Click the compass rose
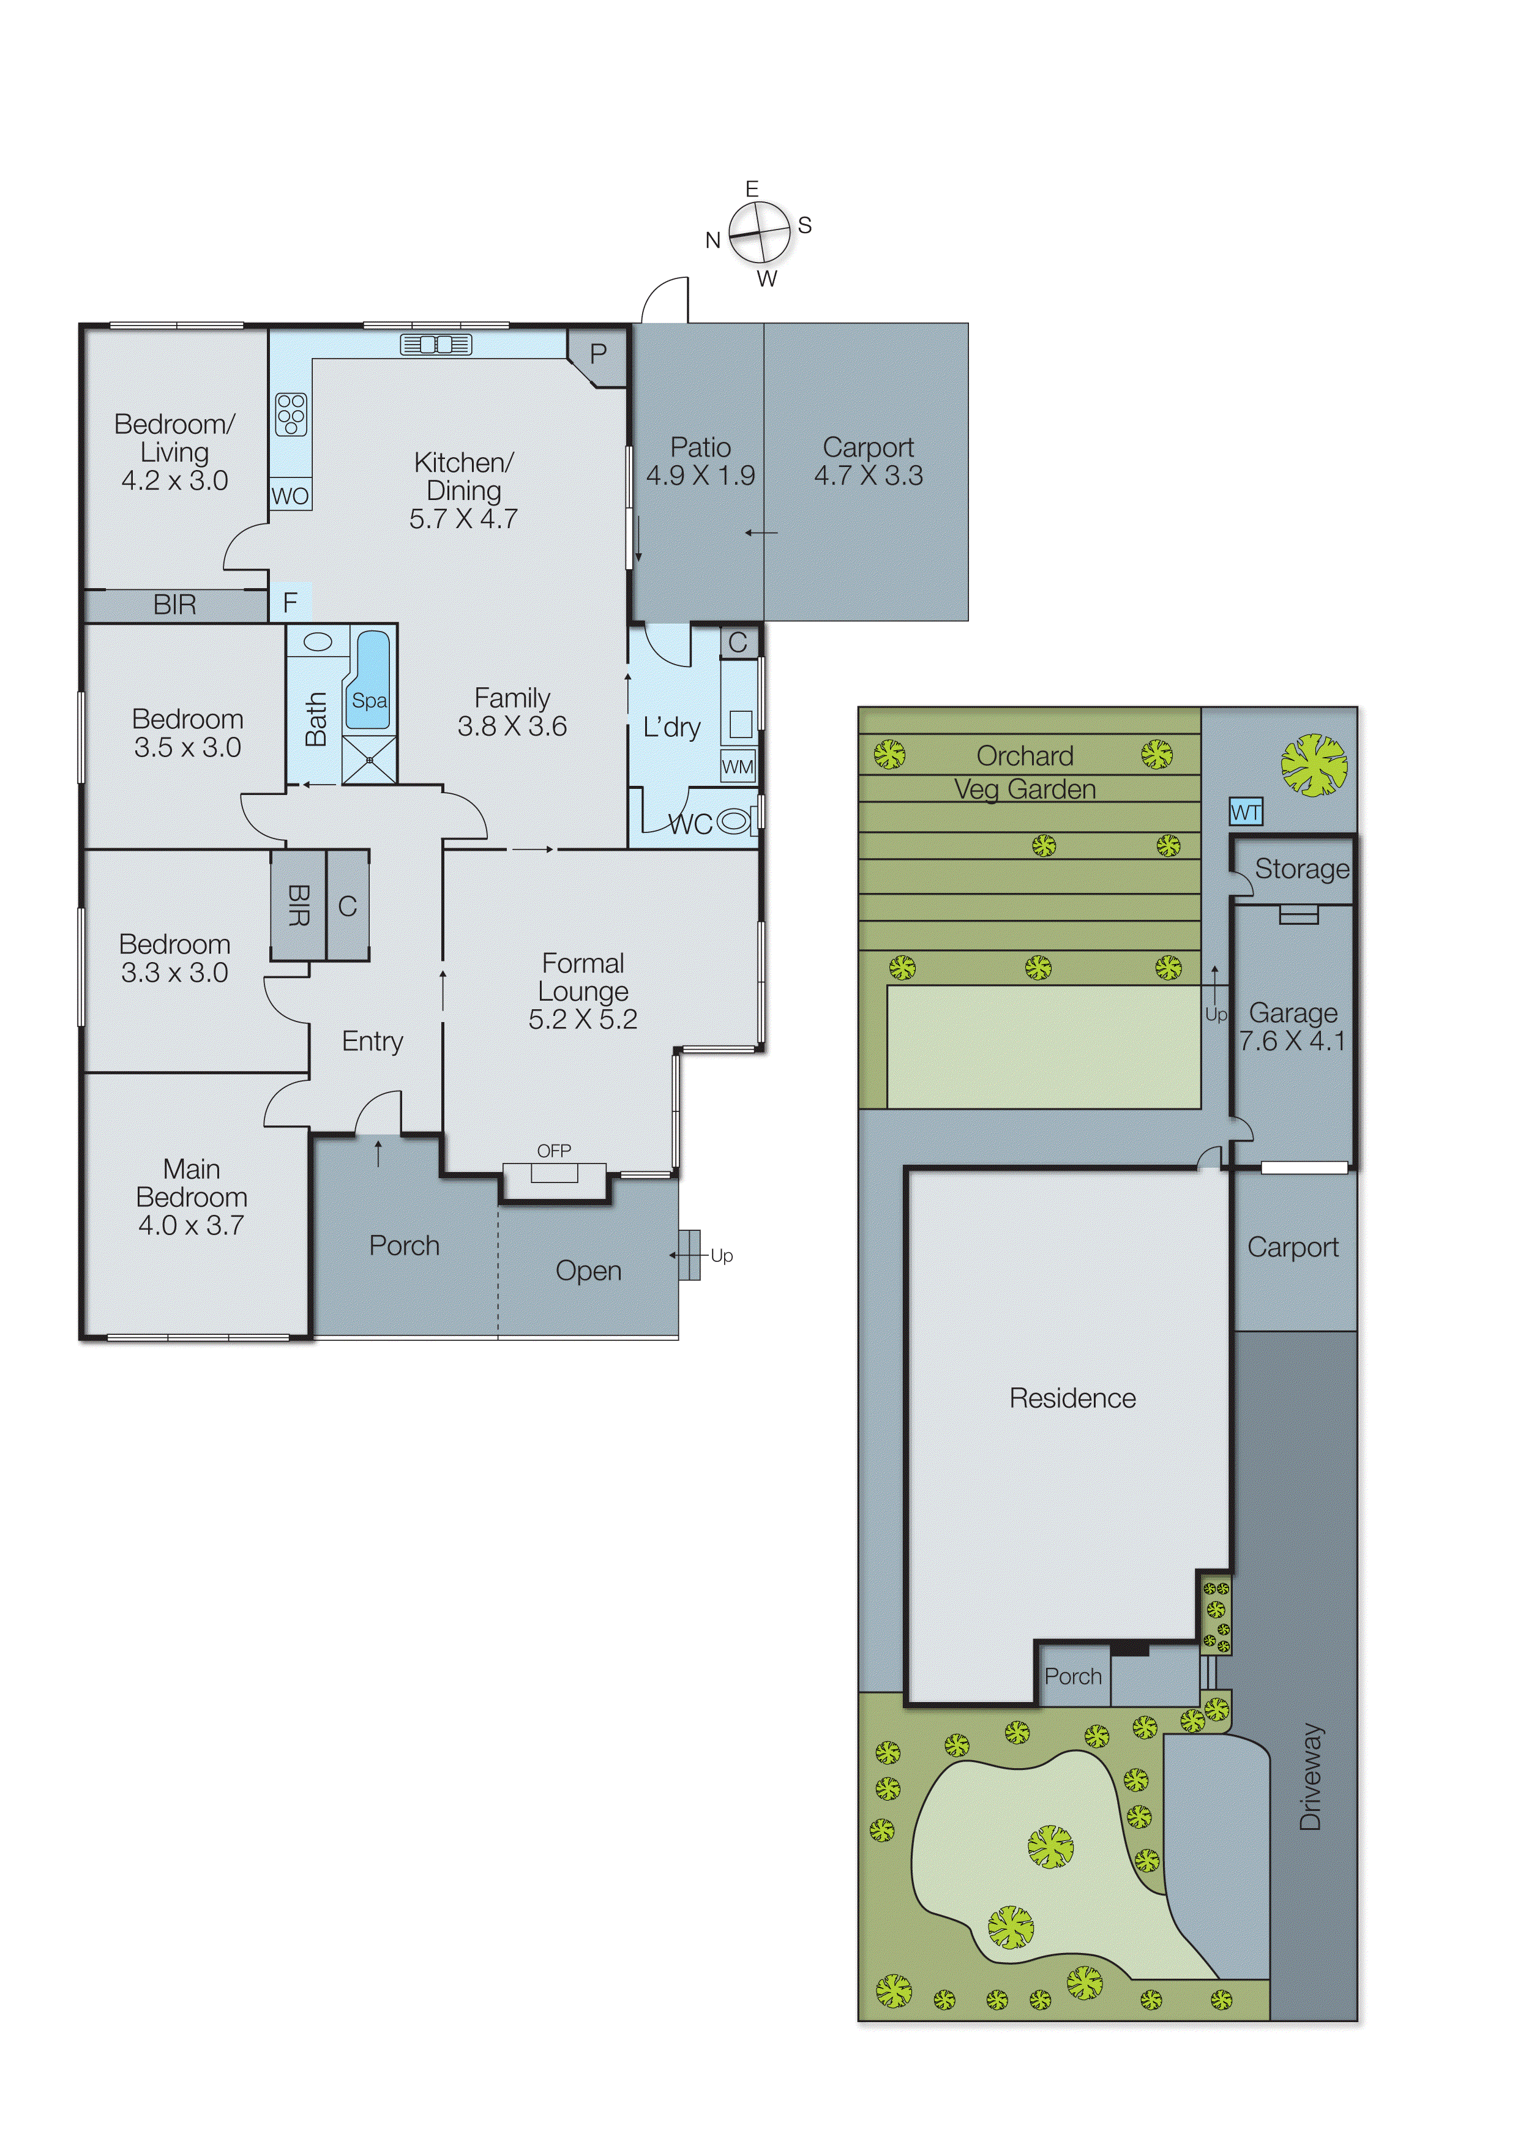click(x=760, y=232)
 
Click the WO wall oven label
click(x=290, y=496)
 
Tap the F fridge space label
click(x=290, y=603)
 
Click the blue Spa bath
click(x=368, y=681)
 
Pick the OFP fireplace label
click(x=554, y=1151)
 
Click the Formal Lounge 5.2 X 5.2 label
click(x=583, y=991)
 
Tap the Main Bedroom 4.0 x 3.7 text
click(x=192, y=1197)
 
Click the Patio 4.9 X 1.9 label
click(x=700, y=461)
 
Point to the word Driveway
click(x=1310, y=1777)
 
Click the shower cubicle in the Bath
click(x=370, y=760)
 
